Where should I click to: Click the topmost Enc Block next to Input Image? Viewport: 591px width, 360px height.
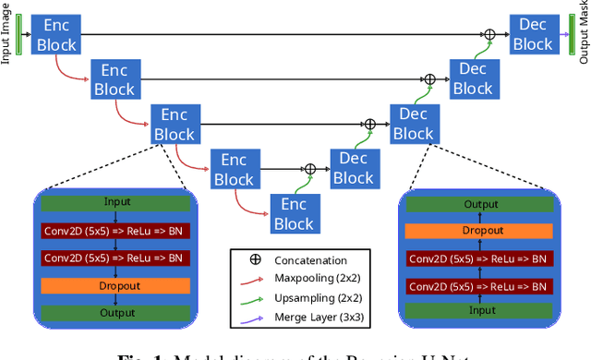pos(56,34)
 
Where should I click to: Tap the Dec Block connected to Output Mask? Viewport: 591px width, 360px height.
pos(532,34)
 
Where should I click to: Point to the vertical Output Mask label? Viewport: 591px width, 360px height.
pos(583,33)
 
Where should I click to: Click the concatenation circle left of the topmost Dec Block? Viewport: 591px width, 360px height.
pos(490,34)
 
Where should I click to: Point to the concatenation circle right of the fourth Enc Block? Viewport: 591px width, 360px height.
pos(310,168)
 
